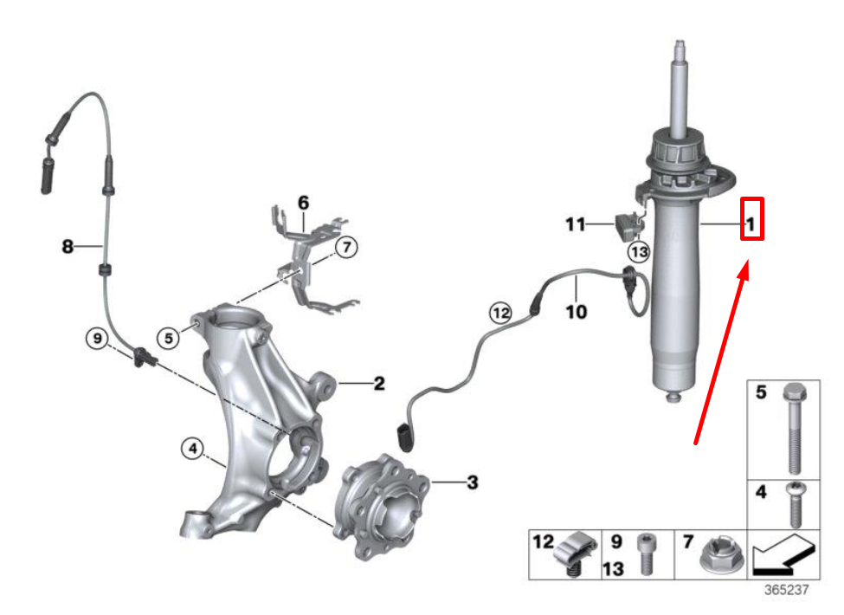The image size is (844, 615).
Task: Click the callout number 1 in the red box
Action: click(x=751, y=226)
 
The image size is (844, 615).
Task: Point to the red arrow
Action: click(x=719, y=355)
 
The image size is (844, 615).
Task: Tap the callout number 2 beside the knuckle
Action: click(x=379, y=383)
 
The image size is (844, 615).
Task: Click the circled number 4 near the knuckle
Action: click(x=191, y=449)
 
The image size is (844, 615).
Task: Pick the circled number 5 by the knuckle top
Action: click(x=169, y=335)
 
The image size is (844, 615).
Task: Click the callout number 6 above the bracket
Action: click(x=303, y=203)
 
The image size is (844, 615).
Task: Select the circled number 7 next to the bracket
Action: click(x=345, y=249)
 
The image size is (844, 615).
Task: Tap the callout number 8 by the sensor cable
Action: click(x=68, y=247)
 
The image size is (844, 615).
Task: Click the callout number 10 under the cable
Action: click(x=577, y=309)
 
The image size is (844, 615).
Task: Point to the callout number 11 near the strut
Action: click(x=576, y=225)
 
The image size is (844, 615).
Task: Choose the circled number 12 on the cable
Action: click(x=500, y=311)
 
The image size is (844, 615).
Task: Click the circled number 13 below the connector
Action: click(x=638, y=252)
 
